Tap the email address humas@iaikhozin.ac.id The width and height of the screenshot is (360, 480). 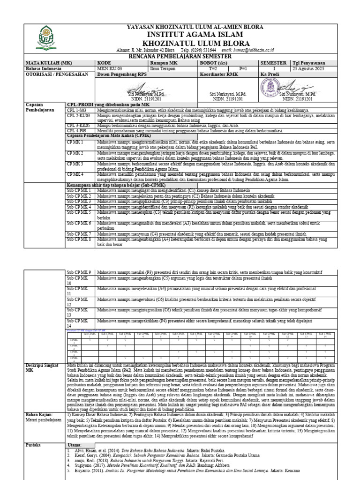(247, 50)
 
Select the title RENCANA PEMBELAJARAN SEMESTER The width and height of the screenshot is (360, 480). (195, 56)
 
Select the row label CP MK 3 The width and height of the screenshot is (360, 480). (75, 164)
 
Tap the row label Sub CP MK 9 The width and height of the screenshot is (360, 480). (78, 272)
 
